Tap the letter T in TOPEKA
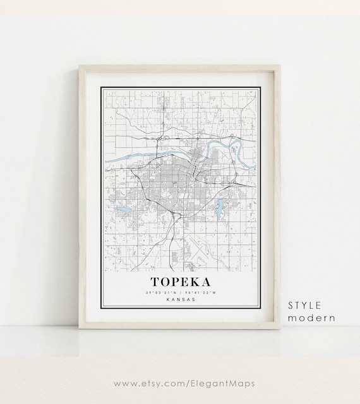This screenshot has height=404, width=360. click(x=155, y=280)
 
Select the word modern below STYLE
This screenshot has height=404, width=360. click(x=311, y=318)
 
